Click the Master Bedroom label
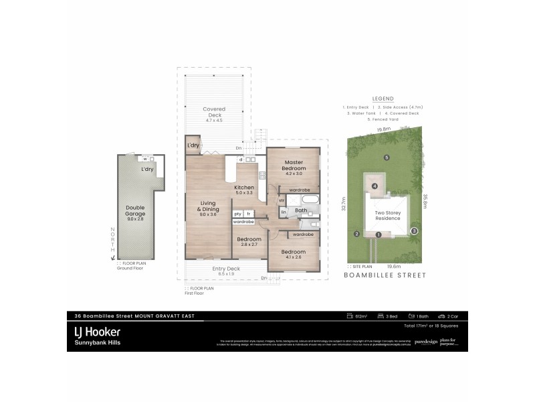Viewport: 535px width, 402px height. click(x=294, y=166)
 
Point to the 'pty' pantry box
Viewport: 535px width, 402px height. click(x=237, y=214)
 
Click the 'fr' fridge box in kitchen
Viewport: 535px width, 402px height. click(x=248, y=214)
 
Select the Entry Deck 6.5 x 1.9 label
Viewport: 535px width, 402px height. click(x=226, y=271)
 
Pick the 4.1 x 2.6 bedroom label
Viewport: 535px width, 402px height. click(x=294, y=255)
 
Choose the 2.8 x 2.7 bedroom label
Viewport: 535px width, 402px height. click(x=249, y=242)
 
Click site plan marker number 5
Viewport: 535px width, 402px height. click(x=387, y=157)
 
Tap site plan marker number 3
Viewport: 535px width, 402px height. click(x=414, y=230)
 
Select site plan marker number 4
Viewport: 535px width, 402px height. click(x=375, y=186)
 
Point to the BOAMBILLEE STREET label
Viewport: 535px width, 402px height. click(x=385, y=275)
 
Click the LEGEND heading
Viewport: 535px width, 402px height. click(x=383, y=97)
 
